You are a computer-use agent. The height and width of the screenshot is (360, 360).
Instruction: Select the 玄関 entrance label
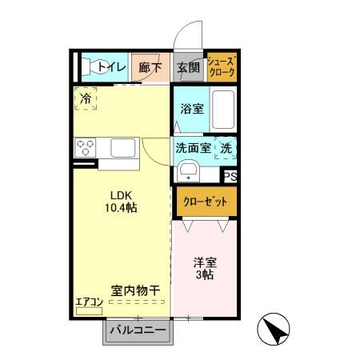tap(186, 68)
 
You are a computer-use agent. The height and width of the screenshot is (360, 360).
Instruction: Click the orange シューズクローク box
tap(222, 67)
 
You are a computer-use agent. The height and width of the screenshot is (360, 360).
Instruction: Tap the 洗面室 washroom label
tap(192, 148)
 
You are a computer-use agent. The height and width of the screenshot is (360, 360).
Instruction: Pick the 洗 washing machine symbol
tap(226, 148)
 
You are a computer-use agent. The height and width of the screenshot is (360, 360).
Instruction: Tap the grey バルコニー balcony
tap(137, 330)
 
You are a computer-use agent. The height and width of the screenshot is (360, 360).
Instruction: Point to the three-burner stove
tap(86, 148)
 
